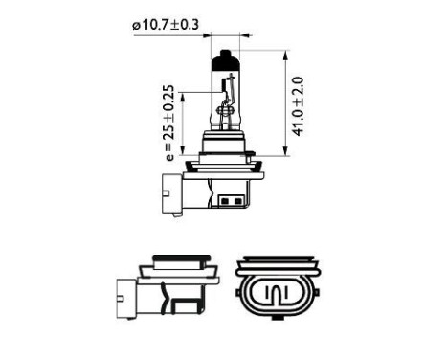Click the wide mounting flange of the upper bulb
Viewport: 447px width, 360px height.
click(x=221, y=163)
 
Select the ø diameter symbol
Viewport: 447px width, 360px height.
click(x=136, y=26)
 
